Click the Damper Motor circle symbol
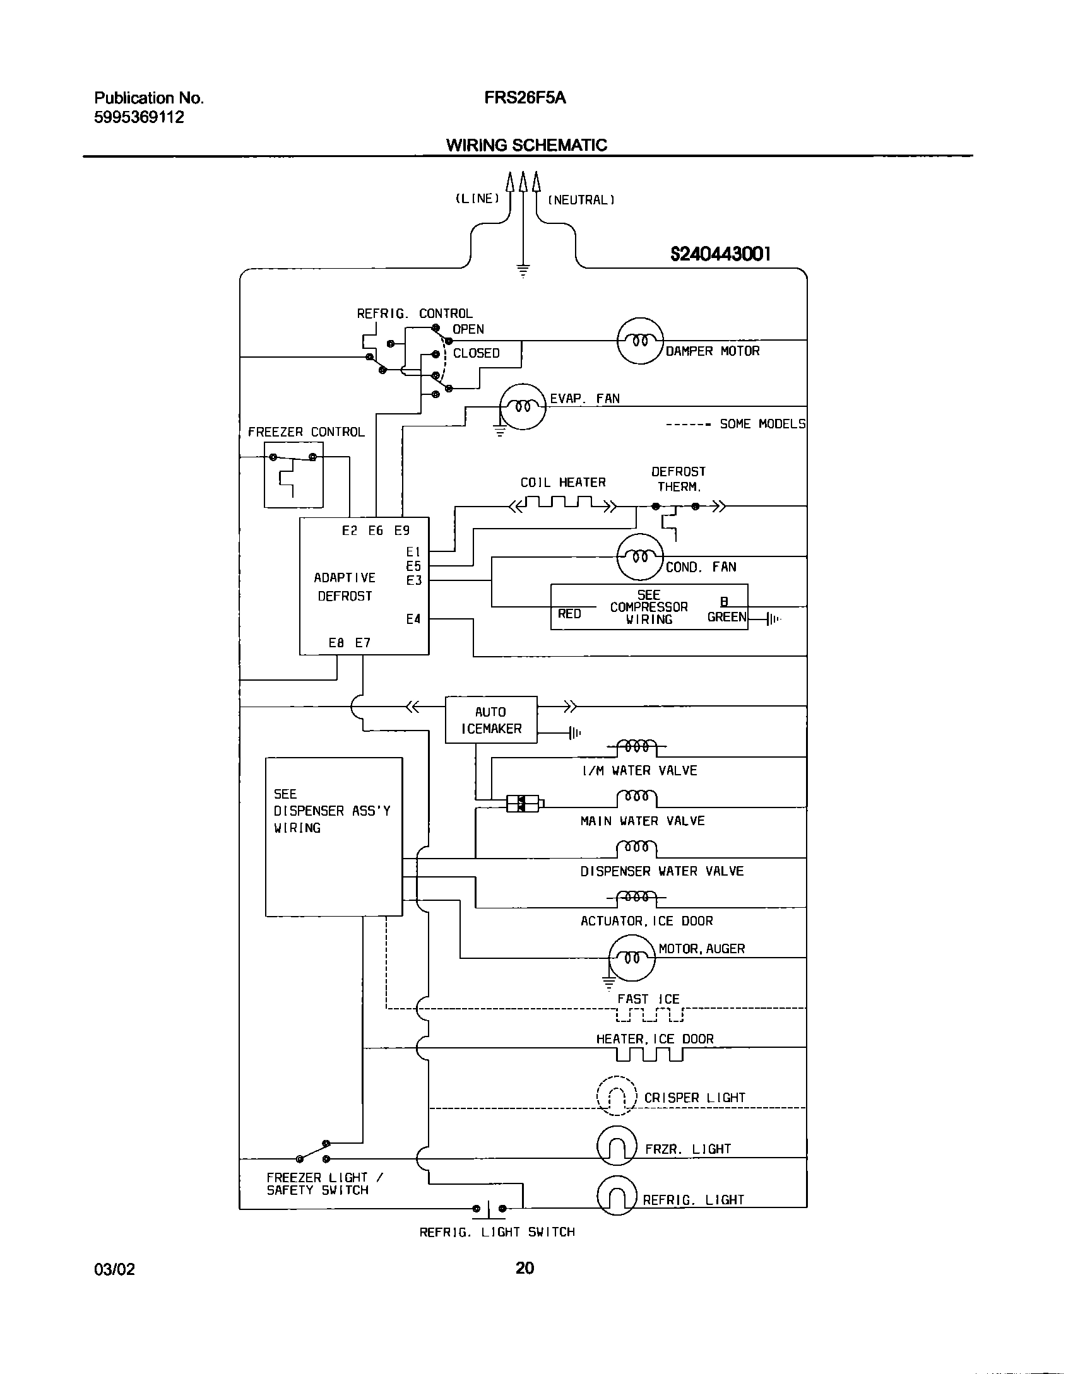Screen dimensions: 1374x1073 point(640,341)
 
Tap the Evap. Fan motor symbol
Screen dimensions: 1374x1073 point(522,406)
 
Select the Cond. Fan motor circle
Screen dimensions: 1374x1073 point(640,557)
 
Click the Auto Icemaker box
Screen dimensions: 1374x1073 point(491,720)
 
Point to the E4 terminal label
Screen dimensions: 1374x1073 point(413,619)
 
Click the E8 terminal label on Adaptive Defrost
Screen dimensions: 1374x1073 point(336,643)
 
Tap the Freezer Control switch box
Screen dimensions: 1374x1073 point(293,474)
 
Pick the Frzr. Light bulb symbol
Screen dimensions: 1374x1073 point(617,1144)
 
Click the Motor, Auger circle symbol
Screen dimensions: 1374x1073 point(632,958)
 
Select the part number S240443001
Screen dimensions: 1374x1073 point(720,254)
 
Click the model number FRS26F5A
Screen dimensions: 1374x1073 point(525,98)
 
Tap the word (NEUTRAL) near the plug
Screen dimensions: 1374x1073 point(581,200)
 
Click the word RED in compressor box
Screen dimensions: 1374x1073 point(569,614)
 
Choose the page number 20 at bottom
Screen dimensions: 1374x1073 point(525,1268)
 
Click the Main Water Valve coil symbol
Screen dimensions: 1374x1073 point(637,798)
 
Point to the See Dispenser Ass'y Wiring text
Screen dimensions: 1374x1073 point(332,811)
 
